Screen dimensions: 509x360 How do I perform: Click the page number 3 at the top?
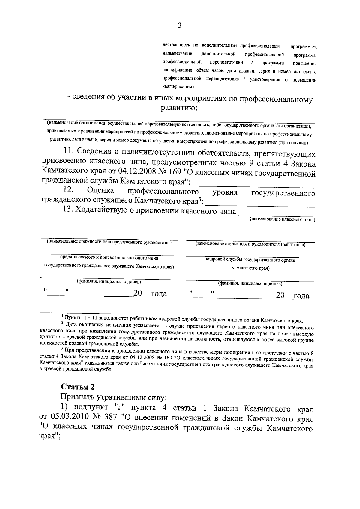pos(179,25)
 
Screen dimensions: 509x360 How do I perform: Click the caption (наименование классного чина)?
pos(282,219)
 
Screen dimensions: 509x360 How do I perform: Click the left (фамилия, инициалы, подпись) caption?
pos(109,281)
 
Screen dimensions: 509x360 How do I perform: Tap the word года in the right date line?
pos(301,296)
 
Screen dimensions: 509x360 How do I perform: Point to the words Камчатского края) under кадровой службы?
pos(250,268)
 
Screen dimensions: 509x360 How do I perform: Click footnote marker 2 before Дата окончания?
pos(62,323)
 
